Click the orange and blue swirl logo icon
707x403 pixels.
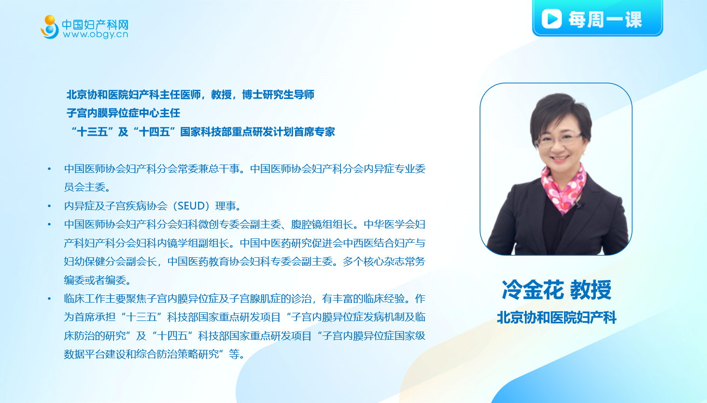(50, 27)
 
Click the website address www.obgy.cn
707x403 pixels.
(96, 34)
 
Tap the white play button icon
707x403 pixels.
(551, 19)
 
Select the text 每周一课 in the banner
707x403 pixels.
(605, 19)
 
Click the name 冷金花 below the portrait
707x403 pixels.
(533, 290)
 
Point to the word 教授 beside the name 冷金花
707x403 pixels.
(591, 290)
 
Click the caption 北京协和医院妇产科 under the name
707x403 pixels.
(557, 317)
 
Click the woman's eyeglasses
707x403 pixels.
(559, 139)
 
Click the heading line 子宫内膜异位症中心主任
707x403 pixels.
(123, 113)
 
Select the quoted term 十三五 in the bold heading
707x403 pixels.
(92, 131)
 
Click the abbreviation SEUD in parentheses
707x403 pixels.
(191, 206)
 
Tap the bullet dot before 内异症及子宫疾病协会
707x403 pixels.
(49, 206)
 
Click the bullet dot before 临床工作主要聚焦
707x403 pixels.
(49, 298)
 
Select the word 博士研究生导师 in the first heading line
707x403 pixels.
(278, 94)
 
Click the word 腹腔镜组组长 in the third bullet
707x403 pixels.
(322, 224)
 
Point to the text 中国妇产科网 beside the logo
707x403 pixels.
(95, 24)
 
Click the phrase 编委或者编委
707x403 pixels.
(95, 280)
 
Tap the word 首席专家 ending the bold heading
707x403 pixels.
(314, 131)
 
